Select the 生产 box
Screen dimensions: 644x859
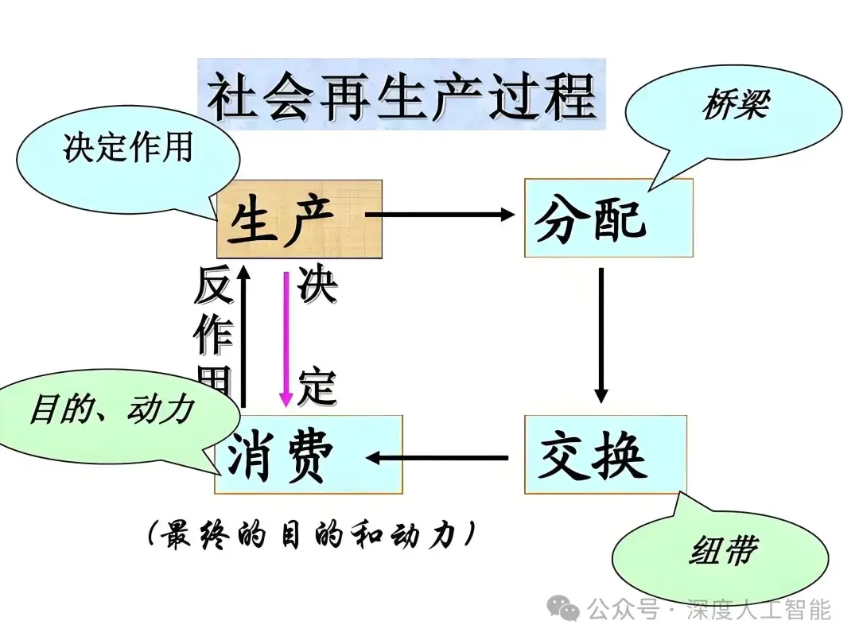(299, 219)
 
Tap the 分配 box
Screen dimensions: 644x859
(608, 218)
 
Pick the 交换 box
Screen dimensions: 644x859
(604, 455)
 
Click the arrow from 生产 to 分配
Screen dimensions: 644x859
(441, 214)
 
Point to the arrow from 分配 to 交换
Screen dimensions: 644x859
(601, 334)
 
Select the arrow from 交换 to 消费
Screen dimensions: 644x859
(437, 457)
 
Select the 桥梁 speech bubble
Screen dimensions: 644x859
(732, 107)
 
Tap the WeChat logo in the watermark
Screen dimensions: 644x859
(569, 610)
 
